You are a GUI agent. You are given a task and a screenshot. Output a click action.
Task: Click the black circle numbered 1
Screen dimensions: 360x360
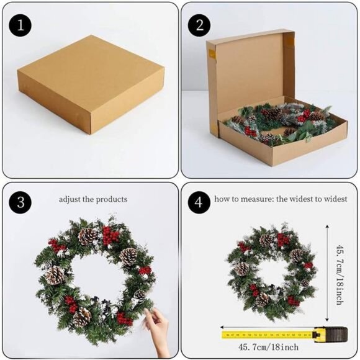coord(20,25)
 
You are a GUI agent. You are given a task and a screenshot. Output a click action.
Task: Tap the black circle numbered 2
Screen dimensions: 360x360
coord(199,25)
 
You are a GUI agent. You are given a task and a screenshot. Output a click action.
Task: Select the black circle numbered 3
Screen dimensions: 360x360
coord(20,202)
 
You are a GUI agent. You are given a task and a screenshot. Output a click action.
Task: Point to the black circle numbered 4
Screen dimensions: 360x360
coord(199,202)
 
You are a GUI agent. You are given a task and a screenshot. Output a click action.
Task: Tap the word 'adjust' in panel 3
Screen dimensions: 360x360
coord(70,199)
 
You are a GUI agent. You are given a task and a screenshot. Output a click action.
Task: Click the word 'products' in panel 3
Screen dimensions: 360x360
coord(112,199)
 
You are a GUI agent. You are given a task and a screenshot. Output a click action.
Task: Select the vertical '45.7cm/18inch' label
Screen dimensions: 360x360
coord(340,275)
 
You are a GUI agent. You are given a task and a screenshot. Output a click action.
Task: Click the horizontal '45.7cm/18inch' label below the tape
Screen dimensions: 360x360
coord(268,347)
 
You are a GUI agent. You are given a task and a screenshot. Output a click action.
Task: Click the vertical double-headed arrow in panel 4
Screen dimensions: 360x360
coord(327,273)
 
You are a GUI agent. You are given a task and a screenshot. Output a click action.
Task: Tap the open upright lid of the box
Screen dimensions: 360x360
coord(250,76)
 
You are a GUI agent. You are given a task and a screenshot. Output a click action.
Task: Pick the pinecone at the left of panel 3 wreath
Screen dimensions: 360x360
coord(55,276)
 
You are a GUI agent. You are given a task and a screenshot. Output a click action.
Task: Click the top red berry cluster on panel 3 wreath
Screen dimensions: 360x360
coord(110,236)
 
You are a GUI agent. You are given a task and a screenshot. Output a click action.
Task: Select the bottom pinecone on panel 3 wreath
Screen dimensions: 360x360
coord(81,317)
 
